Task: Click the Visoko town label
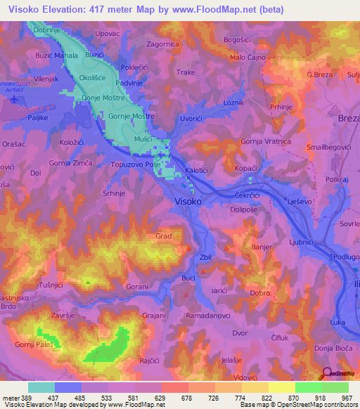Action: pyautogui.click(x=188, y=201)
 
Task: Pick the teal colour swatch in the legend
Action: pyautogui.click(x=41, y=387)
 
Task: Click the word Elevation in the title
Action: pyautogui.click(x=63, y=10)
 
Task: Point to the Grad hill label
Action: pyautogui.click(x=164, y=236)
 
